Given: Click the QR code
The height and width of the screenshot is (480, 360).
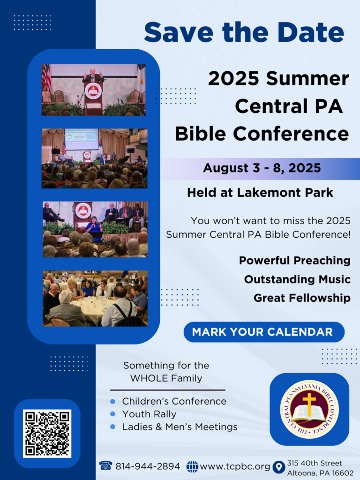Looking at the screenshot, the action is click(x=47, y=434).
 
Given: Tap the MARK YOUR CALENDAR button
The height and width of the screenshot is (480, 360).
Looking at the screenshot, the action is click(x=264, y=332).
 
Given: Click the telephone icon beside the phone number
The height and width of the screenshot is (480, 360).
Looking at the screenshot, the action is click(x=105, y=465).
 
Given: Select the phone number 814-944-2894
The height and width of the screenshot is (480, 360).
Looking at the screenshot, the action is click(x=148, y=466).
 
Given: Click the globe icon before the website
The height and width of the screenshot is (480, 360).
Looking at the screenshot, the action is click(x=192, y=466).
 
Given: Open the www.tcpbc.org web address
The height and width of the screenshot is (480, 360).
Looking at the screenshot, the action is click(x=235, y=466).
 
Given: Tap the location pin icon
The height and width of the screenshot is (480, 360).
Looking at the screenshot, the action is click(x=278, y=467).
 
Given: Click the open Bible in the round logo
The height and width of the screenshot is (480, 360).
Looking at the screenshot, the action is click(x=309, y=413).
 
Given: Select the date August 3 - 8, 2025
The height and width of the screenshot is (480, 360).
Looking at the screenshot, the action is click(x=262, y=168).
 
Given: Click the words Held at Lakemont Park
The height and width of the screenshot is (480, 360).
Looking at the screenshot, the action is click(x=260, y=193).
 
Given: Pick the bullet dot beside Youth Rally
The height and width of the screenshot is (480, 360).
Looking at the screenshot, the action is click(x=112, y=414).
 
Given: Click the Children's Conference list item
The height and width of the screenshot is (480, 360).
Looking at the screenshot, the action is click(x=174, y=401).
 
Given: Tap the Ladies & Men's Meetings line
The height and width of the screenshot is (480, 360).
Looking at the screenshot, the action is click(x=180, y=427).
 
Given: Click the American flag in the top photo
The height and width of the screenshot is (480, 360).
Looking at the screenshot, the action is click(x=46, y=78).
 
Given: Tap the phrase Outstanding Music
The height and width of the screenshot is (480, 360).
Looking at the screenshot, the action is click(x=297, y=279).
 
